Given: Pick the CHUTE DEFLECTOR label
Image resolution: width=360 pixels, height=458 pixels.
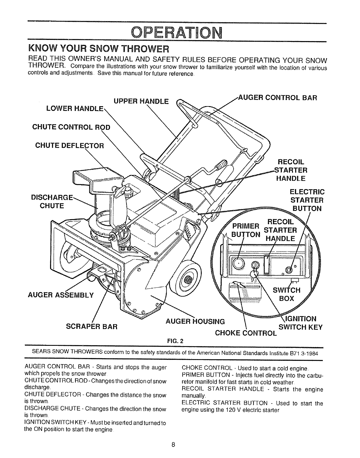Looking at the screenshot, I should pos(69,145).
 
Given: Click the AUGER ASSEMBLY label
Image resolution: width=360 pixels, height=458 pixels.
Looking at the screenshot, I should pos(61,295).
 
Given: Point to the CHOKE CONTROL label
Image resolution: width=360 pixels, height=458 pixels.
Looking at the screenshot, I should pos(246,333).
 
